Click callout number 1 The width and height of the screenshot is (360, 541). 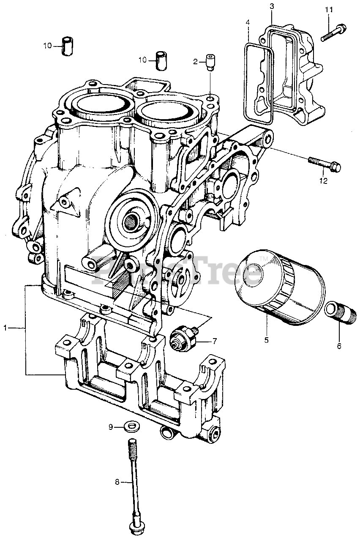click(6, 328)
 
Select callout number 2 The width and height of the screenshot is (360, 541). click(196, 62)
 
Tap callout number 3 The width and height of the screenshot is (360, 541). click(272, 6)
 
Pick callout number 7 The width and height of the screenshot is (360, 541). click(215, 341)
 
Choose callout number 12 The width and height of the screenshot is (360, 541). click(323, 181)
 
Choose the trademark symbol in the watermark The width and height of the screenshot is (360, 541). click(263, 259)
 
